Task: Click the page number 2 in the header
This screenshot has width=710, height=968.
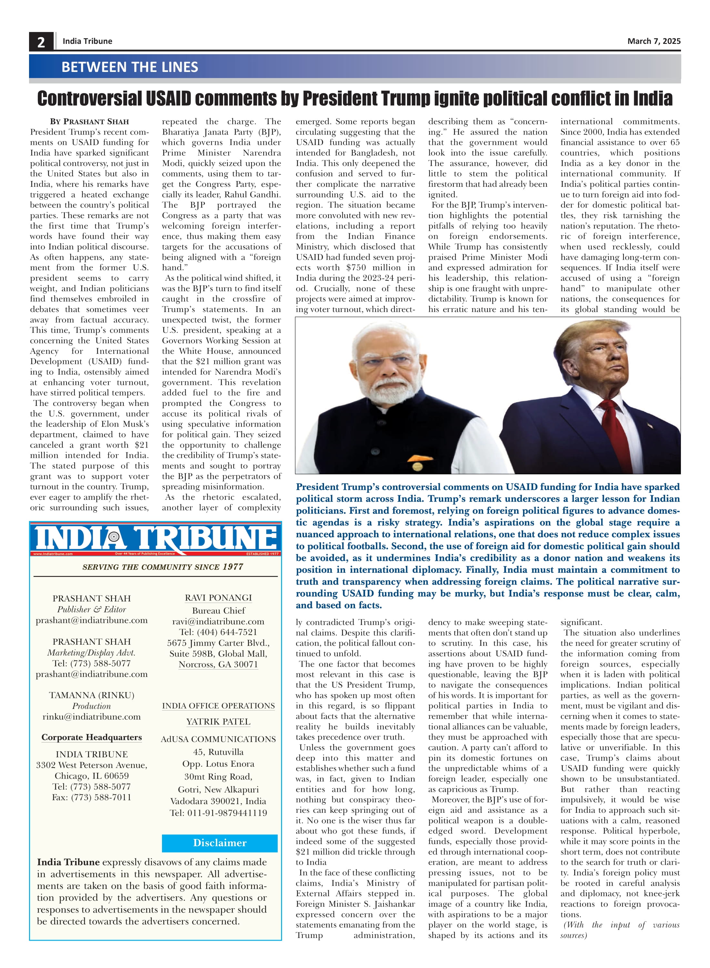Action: point(41,42)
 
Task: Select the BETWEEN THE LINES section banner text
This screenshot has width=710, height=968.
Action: point(129,67)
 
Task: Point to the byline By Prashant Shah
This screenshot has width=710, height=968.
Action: point(89,122)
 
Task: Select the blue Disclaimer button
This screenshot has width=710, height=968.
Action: point(220,842)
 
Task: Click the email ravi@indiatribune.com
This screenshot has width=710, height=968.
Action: point(218,621)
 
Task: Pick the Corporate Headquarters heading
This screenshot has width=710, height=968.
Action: point(92,737)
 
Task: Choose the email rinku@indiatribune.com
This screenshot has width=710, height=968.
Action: point(92,716)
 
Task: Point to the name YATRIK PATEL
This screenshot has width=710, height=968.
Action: point(218,721)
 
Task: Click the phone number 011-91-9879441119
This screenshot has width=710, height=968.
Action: point(227,812)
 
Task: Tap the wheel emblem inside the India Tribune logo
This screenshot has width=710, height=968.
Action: point(114,537)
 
